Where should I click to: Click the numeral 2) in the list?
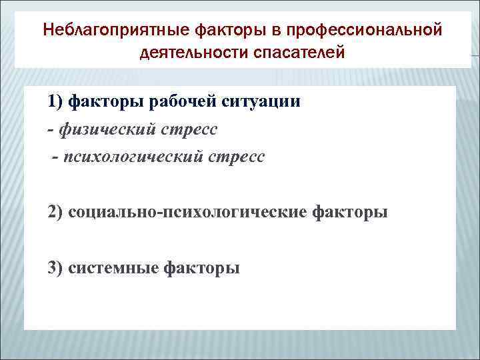(56, 213)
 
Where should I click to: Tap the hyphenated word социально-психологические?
(186, 213)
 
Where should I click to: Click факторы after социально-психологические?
(348, 213)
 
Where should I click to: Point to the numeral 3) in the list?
(56, 268)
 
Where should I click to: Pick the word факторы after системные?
(202, 268)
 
